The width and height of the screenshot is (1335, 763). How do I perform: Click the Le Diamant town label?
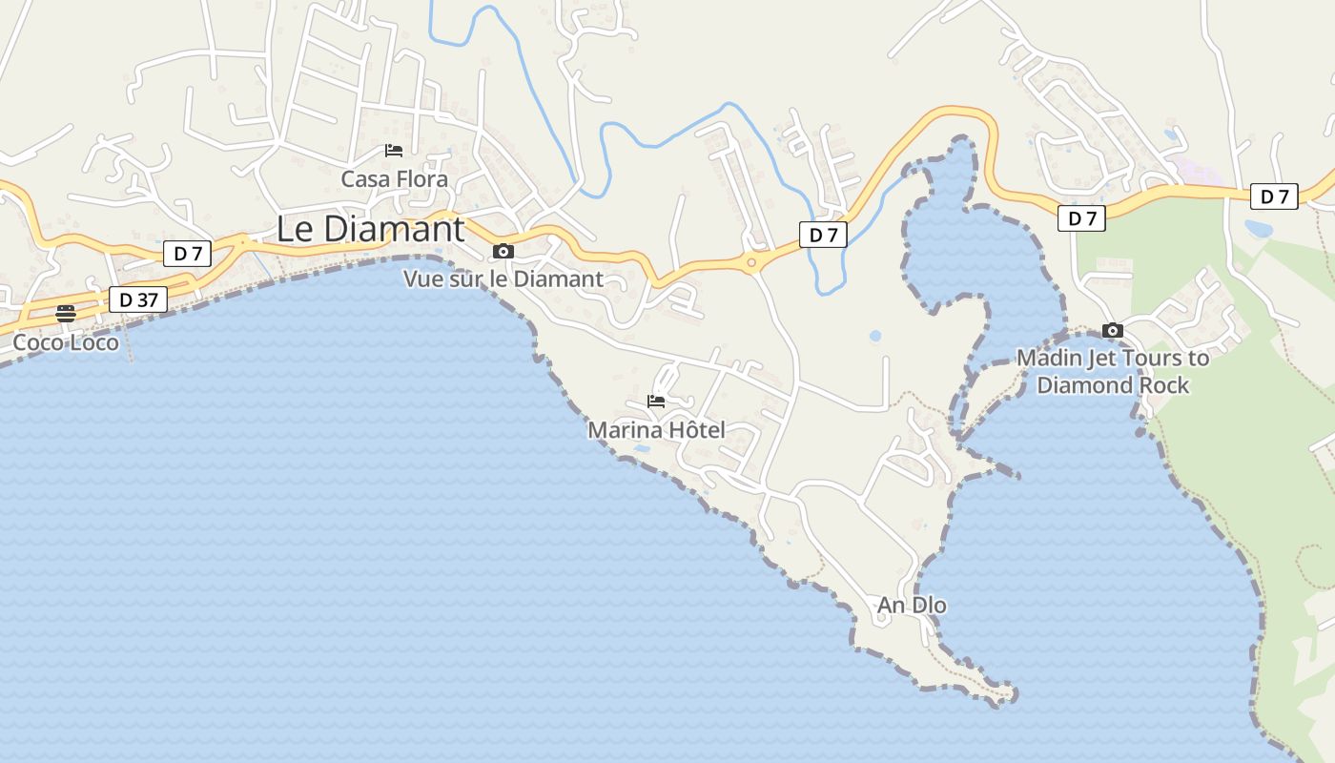(x=371, y=230)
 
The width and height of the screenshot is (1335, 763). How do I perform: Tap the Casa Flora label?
(x=394, y=179)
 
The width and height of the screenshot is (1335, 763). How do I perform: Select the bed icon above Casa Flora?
(x=394, y=151)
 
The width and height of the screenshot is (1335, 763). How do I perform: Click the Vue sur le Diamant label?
(x=503, y=279)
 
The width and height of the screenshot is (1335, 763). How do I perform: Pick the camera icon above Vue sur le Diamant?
(x=503, y=252)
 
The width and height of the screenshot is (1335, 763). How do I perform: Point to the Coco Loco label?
(x=66, y=342)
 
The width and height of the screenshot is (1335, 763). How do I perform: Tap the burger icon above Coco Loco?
(x=66, y=314)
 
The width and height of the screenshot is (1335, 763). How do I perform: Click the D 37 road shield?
(x=138, y=299)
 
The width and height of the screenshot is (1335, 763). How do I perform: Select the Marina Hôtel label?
(x=656, y=430)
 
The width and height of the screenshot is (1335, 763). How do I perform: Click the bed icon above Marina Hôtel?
(x=656, y=402)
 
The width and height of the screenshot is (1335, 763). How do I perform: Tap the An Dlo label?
(x=912, y=606)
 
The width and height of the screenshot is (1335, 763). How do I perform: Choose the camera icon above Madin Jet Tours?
(x=1112, y=331)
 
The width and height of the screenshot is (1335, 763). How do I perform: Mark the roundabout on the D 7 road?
(x=751, y=261)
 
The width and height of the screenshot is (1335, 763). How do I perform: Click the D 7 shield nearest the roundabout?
(x=823, y=235)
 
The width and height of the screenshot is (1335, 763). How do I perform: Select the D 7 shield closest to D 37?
(x=188, y=254)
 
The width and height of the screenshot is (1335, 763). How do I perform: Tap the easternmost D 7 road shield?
(x=1274, y=196)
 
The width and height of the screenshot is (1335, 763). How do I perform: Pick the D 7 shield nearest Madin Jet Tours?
(x=1081, y=218)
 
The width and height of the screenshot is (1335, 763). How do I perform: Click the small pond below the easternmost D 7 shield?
(x=1258, y=229)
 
